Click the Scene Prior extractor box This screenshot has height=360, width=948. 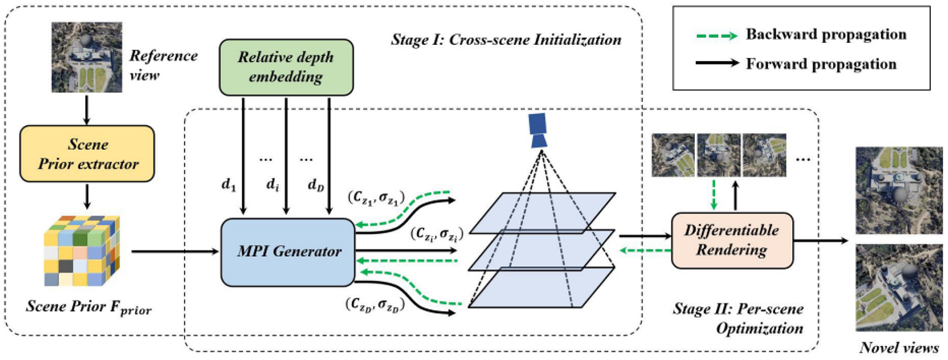[87, 154]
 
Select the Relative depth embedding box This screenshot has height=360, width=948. [286, 67]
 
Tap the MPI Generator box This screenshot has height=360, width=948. [288, 251]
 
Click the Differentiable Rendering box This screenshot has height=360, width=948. [732, 240]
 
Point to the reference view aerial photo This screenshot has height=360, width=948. [87, 57]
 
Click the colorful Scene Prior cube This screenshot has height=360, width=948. [81, 250]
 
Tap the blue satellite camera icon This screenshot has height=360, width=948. [538, 130]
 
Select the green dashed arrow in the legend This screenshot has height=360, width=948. [716, 36]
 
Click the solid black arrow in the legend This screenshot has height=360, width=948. [716, 64]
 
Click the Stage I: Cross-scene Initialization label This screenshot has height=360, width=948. [506, 40]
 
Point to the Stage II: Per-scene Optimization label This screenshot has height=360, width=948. [738, 319]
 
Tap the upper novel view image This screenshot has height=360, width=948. [899, 190]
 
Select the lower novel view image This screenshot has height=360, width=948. [899, 288]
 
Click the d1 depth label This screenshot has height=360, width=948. [228, 185]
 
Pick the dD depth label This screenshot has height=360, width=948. [316, 185]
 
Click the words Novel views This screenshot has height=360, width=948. [899, 348]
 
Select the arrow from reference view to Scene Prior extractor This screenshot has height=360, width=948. [87, 109]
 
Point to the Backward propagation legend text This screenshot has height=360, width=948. [826, 35]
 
